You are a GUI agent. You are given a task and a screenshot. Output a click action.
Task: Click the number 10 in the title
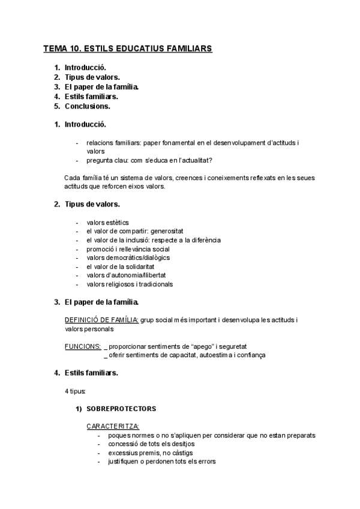77,47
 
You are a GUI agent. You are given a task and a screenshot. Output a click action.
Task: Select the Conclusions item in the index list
87,106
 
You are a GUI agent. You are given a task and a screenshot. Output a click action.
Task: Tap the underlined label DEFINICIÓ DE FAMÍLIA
101,321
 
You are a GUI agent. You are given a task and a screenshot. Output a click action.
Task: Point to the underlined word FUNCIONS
83,346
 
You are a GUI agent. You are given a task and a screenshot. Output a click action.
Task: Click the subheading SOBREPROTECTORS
121,409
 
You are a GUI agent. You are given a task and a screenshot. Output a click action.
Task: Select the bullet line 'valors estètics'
107,223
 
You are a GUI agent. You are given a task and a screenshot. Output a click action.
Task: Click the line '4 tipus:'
75,391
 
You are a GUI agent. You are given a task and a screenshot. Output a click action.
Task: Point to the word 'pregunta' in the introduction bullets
100,160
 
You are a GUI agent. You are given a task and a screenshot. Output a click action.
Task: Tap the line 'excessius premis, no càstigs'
151,453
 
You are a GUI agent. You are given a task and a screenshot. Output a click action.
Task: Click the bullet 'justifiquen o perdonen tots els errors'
162,462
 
